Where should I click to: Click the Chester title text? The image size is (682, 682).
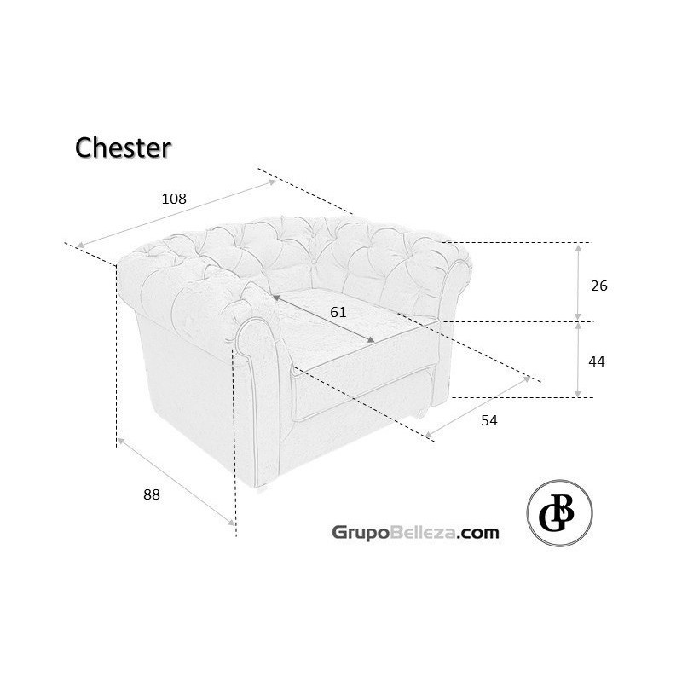click(123, 147)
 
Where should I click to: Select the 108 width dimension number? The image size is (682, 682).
click(174, 199)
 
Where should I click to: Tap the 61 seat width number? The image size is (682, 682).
click(338, 312)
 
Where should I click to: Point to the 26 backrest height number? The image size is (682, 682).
click(599, 286)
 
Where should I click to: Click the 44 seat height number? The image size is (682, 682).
click(596, 361)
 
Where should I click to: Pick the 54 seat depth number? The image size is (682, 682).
click(488, 420)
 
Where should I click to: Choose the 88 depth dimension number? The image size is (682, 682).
click(152, 494)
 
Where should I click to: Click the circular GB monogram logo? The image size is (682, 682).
click(559, 513)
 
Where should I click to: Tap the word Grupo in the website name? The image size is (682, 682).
click(360, 532)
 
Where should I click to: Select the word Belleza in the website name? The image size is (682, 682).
click(422, 532)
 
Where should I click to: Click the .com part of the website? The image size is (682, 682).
click(477, 533)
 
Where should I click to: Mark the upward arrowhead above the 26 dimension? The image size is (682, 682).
click(578, 248)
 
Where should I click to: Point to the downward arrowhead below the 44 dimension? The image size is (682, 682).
click(578, 393)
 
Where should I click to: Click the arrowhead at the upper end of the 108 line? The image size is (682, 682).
click(272, 182)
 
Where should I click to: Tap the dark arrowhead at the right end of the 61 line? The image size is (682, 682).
click(371, 339)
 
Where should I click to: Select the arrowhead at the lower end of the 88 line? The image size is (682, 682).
click(231, 522)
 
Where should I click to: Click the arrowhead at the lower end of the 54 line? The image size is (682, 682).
click(429, 435)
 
